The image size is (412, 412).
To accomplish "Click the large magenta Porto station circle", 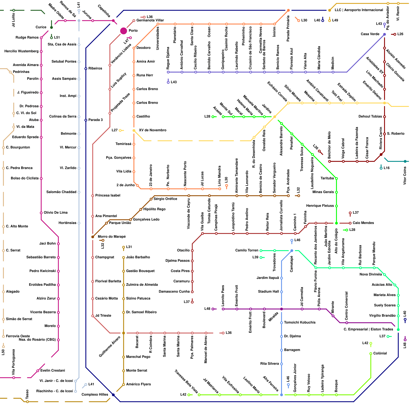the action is click(124, 31).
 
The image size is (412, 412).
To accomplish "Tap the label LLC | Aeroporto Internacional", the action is click(359, 10).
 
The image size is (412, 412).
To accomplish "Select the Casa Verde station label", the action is click(370, 34).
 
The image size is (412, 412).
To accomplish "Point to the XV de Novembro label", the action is click(152, 130).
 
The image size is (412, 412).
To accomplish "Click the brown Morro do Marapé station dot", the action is click(93, 237).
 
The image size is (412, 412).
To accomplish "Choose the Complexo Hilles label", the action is click(95, 394).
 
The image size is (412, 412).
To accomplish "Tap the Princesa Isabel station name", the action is click(108, 195).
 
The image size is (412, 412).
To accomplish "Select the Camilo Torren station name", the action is click(247, 250).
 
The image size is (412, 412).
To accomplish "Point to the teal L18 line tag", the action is click(386, 168).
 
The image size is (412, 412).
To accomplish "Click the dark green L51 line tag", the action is click(57, 37).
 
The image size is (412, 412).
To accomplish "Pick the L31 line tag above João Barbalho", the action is click(129, 247).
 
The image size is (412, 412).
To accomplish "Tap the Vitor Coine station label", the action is click(405, 176).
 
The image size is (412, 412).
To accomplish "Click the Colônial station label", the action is click(380, 353).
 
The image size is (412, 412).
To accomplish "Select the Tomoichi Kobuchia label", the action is click(299, 322).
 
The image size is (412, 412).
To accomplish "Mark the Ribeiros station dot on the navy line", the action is click(86, 68).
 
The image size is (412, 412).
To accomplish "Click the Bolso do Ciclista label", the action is click(25, 178).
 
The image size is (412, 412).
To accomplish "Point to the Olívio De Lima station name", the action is click(56, 212).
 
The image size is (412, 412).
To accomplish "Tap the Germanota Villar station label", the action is click(150, 20).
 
